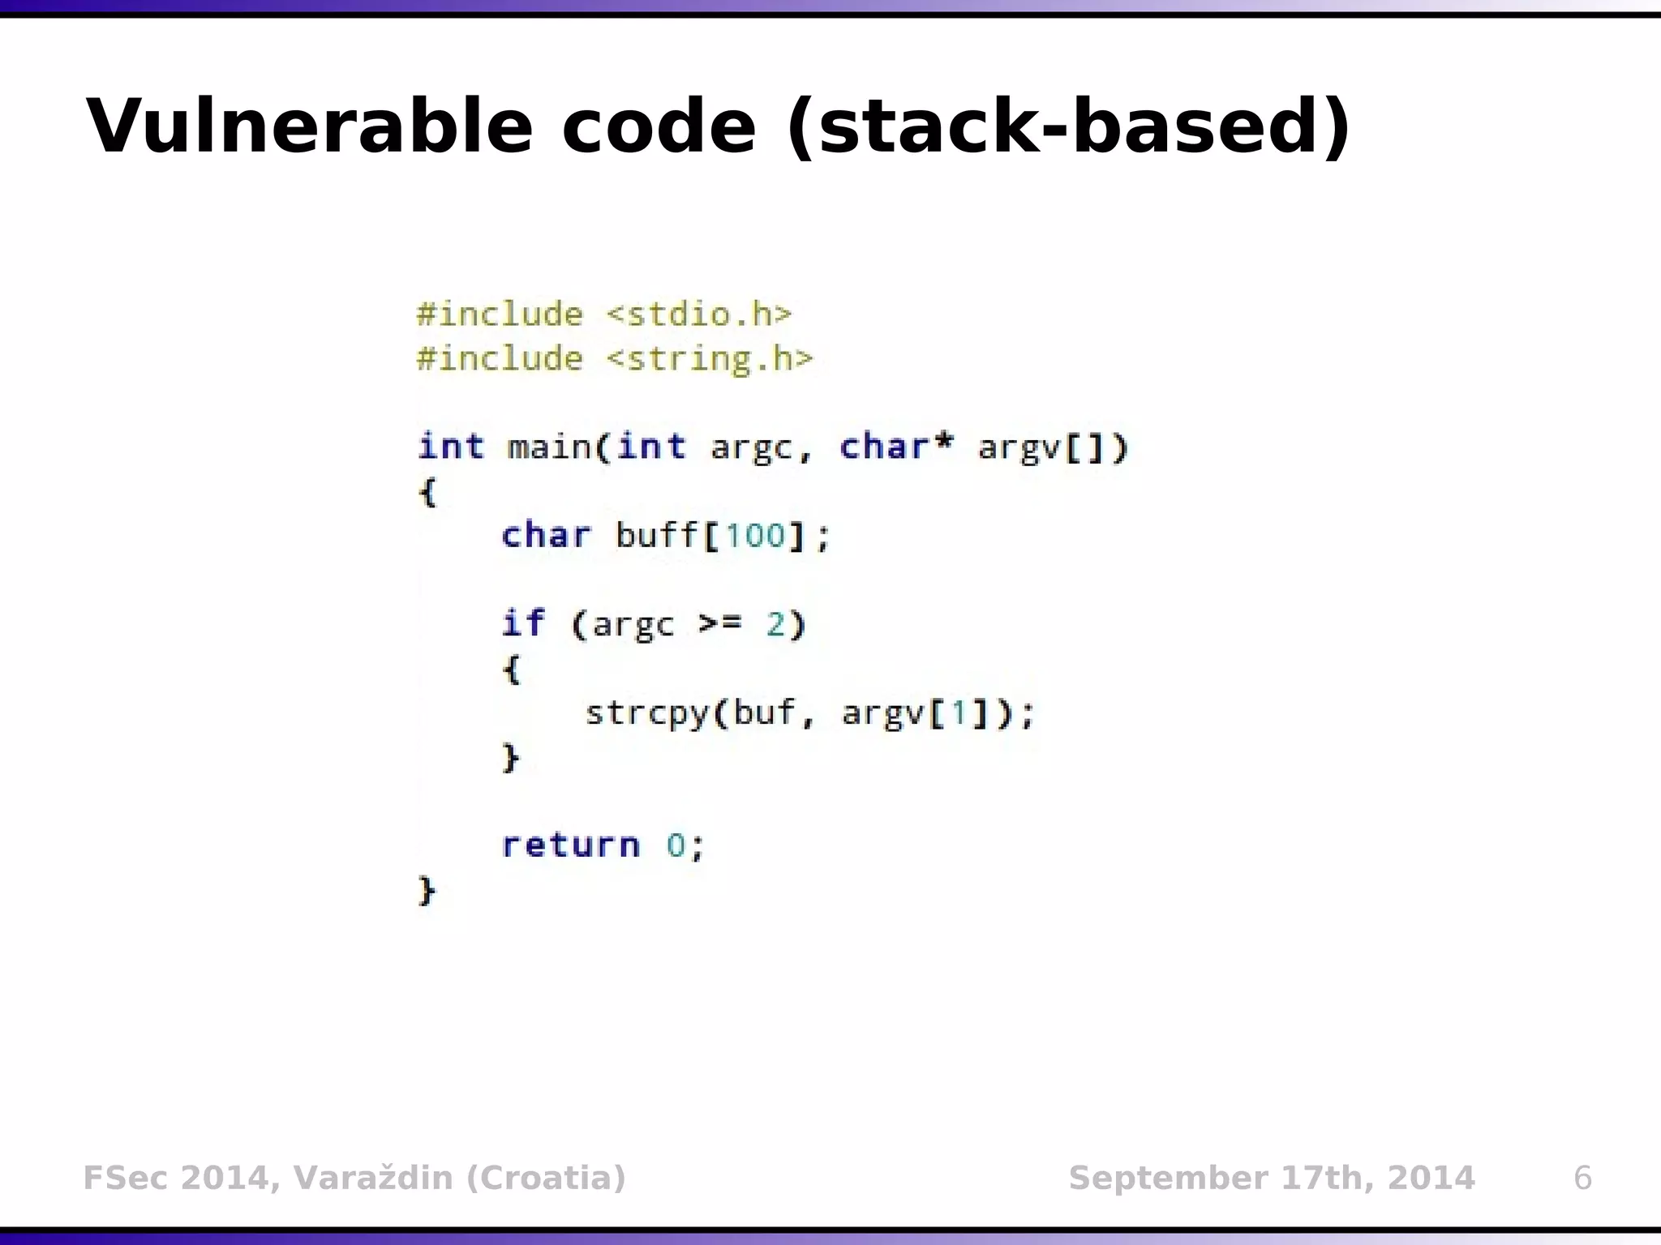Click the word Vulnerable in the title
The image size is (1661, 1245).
tap(309, 126)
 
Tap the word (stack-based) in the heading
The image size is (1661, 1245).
tap(1069, 126)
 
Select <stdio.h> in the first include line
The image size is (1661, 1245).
tap(698, 314)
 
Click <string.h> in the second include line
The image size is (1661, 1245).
tap(710, 358)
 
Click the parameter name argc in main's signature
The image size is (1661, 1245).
tap(752, 447)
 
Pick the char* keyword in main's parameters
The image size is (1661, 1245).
tap(895, 447)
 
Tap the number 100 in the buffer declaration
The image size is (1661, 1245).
tap(754, 536)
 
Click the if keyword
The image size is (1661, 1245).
tap(523, 623)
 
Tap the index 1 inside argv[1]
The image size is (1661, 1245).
tap(959, 713)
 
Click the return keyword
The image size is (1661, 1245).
tap(571, 845)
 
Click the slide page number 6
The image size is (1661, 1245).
tap(1582, 1178)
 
